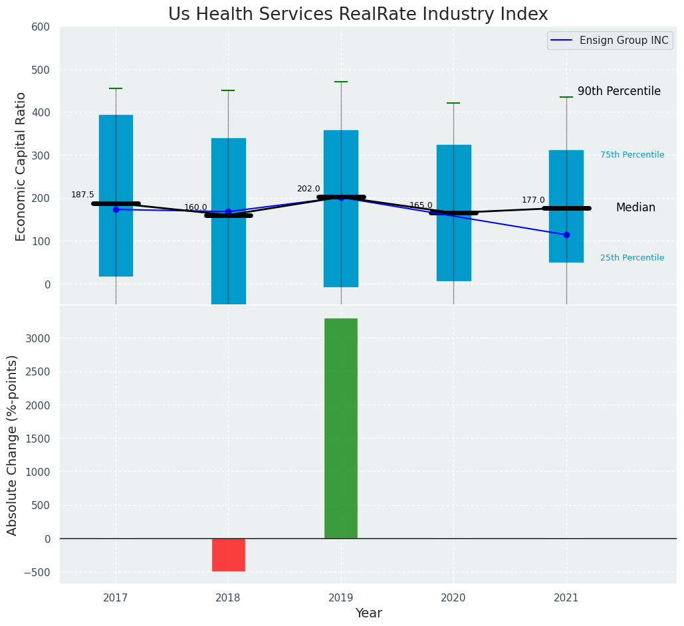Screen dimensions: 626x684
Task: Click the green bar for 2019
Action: (x=341, y=428)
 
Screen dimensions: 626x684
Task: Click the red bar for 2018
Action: (x=228, y=554)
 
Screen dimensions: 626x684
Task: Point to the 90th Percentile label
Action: (x=619, y=91)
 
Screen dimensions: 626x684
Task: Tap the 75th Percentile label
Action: (x=631, y=155)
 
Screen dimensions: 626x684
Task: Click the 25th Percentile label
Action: (x=631, y=258)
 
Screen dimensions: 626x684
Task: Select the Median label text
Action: (x=635, y=207)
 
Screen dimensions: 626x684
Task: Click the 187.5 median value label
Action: (x=82, y=195)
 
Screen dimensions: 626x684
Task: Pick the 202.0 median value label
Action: (x=308, y=189)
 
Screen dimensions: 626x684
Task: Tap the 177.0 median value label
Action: (x=533, y=200)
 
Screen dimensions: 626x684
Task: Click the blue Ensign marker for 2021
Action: (x=566, y=235)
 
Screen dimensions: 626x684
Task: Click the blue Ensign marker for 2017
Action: (x=116, y=209)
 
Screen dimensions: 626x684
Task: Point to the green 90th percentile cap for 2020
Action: (x=453, y=103)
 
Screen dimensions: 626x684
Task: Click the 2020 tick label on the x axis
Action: (x=453, y=597)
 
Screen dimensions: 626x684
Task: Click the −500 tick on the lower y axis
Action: (x=37, y=572)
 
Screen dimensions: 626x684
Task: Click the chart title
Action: (x=358, y=15)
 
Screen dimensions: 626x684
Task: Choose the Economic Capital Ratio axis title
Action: (x=21, y=166)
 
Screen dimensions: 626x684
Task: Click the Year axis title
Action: (x=368, y=613)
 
